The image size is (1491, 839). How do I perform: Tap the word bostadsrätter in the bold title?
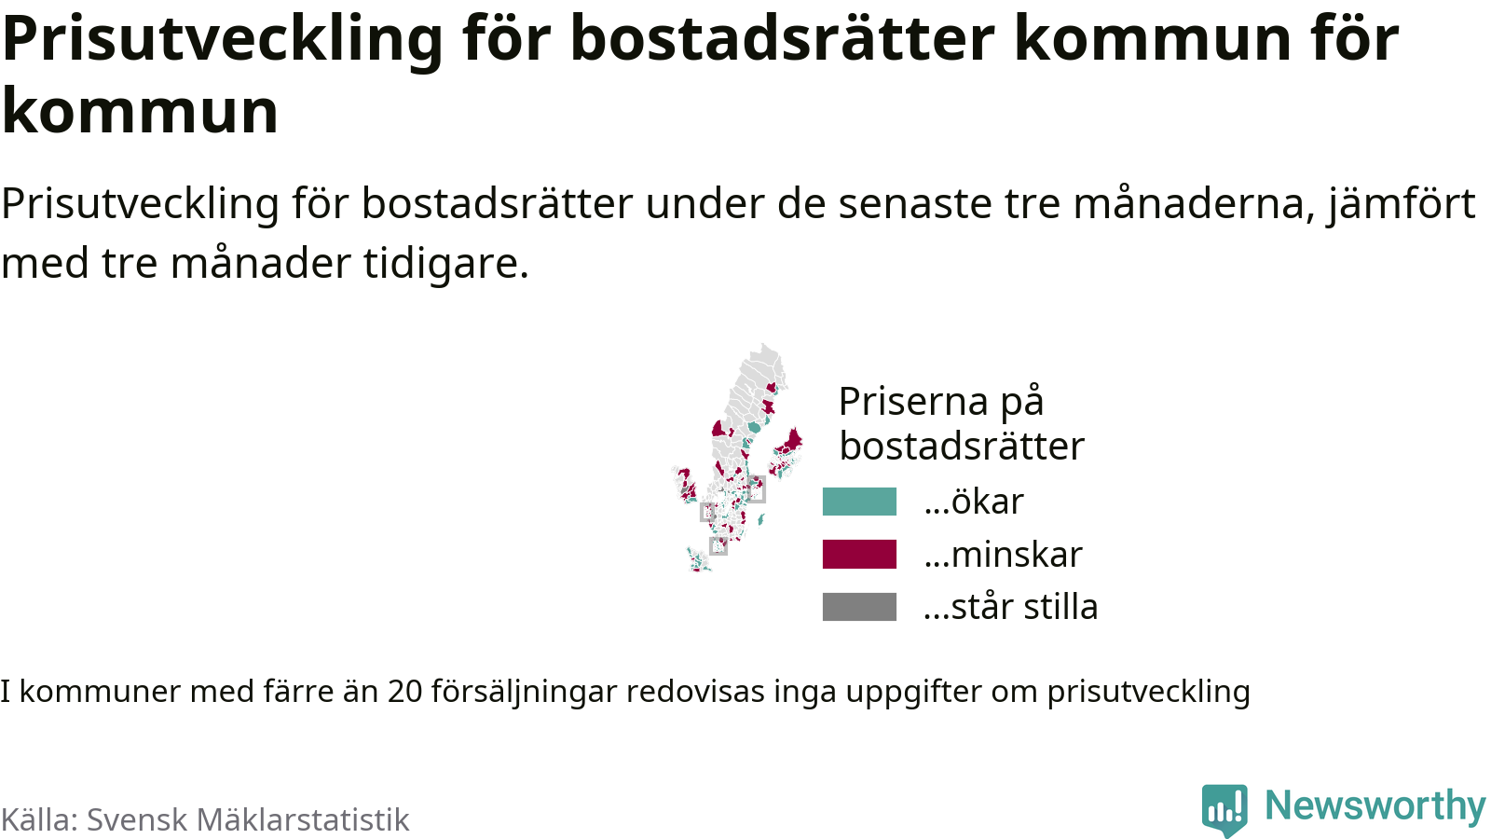coord(783,38)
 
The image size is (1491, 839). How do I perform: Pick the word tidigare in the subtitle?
coord(446,263)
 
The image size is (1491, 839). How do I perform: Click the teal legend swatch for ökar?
coord(859,502)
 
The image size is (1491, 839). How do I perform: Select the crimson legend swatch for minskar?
coord(859,554)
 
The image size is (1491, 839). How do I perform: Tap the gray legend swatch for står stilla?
coord(859,607)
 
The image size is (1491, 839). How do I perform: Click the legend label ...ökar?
coord(974,501)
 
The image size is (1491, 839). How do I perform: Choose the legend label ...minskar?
coord(1003,554)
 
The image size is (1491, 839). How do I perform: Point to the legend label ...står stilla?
coord(1010,607)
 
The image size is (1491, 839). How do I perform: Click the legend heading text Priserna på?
coord(941,402)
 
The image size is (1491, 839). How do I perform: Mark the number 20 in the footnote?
coord(405,691)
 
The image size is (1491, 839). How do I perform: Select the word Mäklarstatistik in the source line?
coord(303,819)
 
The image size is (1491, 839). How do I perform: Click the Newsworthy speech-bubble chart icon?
coord(1224,808)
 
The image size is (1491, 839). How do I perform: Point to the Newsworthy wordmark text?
coord(1375,805)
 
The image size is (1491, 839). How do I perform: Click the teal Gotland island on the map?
coord(761,518)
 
